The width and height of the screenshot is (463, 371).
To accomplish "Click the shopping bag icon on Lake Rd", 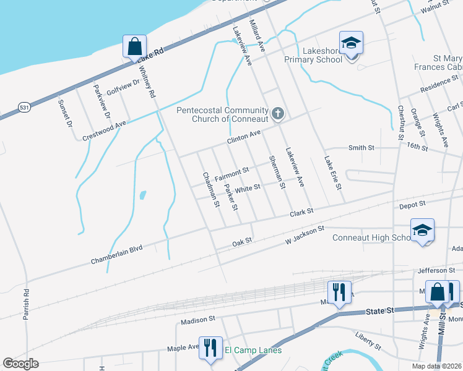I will pos(134,46).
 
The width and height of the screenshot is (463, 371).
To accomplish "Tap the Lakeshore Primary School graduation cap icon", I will pos(351,43).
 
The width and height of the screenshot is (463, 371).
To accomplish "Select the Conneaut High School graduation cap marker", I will pos(422,231).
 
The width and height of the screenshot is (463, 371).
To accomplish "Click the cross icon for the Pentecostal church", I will pos(278,113).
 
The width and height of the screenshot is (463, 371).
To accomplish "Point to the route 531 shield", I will pos(24,106).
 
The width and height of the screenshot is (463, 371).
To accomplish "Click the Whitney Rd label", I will pos(147,83).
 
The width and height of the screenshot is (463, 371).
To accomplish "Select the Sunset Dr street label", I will pos(64,113).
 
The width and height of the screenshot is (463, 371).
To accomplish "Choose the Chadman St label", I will pos(211,189).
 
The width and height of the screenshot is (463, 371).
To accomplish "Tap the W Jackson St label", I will pos(304,234).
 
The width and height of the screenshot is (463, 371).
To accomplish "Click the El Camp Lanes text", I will pos(253,351).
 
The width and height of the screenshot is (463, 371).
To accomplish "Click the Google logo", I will pos(21,364).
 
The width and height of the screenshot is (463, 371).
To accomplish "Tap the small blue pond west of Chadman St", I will pos(142,195).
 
